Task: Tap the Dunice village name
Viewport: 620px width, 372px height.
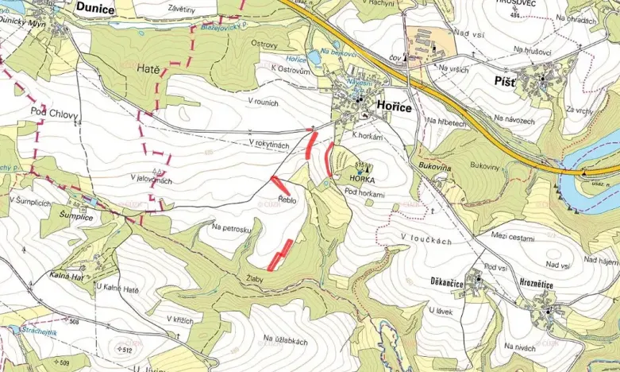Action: [x=96, y=8]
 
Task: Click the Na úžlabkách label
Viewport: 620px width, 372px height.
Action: [x=285, y=340]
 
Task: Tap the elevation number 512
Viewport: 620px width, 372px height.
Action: [x=125, y=349]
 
